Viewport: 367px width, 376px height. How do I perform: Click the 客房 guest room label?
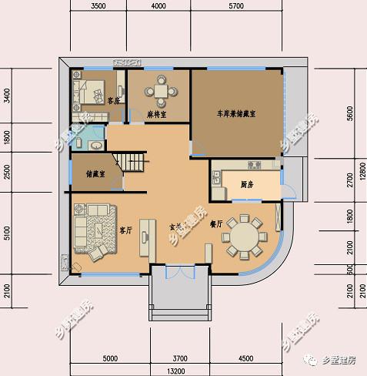tap(114, 100)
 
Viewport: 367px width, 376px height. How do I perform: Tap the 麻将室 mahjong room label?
tap(158, 114)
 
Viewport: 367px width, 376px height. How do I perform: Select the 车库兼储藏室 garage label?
tap(236, 113)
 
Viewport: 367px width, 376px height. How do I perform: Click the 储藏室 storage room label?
tap(96, 173)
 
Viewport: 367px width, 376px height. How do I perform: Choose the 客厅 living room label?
tap(127, 230)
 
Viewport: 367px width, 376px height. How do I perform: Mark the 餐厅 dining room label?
tap(215, 224)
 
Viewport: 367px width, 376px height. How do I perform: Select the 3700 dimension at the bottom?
tap(180, 358)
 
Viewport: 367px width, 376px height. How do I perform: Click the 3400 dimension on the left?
tap(6, 98)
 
